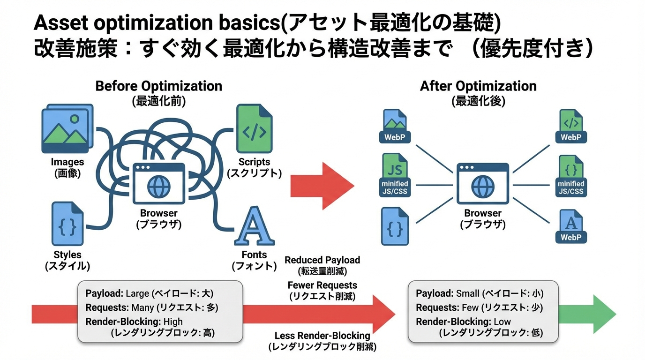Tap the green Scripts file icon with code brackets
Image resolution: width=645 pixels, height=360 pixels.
(254, 129)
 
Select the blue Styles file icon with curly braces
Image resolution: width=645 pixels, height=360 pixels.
(67, 224)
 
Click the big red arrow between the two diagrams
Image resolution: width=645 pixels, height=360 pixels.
(322, 186)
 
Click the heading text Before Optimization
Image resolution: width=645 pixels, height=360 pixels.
(158, 86)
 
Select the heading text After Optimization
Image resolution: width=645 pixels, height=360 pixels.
(478, 86)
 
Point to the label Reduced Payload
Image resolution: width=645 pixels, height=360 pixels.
(322, 260)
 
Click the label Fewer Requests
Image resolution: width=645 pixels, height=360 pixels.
(322, 285)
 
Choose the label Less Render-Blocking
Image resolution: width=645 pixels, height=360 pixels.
(322, 336)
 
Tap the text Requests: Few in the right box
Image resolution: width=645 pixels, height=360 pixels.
(447, 307)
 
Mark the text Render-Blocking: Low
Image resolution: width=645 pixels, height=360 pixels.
(463, 322)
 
